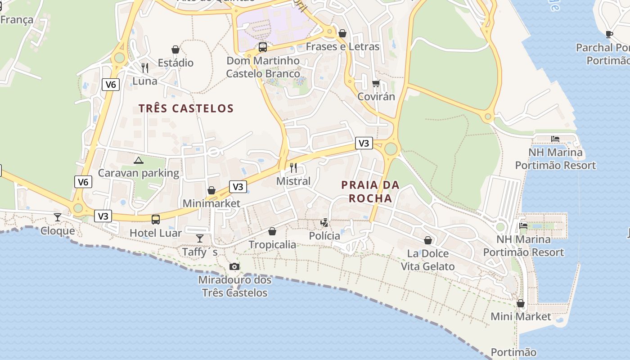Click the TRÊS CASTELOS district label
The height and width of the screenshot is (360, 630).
coord(186,108)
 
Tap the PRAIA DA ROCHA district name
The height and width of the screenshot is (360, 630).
coord(370,191)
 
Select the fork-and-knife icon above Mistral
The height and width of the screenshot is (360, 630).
coord(293,168)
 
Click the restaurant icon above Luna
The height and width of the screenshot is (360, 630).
coord(145,68)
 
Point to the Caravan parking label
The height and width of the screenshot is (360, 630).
coord(139,173)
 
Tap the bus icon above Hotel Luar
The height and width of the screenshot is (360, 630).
coord(156,220)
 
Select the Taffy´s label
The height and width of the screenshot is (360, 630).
coord(200,252)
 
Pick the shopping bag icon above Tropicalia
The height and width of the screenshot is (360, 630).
coord(272,232)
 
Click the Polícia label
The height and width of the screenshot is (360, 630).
coord(324,236)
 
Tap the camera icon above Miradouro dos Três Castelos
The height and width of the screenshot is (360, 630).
coord(234,267)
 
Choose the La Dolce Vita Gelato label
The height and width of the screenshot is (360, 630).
coord(427,260)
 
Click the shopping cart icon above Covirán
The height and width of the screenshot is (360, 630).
coord(376,83)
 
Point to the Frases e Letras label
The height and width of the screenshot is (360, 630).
coord(342,47)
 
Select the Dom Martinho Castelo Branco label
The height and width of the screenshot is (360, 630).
coord(263,67)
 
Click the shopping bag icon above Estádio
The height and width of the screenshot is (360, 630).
coord(175,49)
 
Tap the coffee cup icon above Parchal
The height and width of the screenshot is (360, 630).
coord(609,34)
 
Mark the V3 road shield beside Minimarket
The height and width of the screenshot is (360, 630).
coord(238,187)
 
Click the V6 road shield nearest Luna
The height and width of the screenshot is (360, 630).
coord(110,84)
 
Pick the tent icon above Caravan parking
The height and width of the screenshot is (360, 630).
coord(139,160)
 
